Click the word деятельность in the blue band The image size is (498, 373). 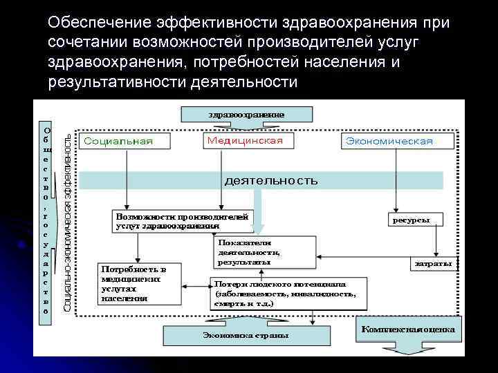pos(271,181)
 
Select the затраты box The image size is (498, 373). pos(433,263)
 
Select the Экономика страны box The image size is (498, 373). pos(246,335)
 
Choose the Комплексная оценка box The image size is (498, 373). pos(407,329)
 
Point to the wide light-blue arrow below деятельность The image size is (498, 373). pos(259,211)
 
